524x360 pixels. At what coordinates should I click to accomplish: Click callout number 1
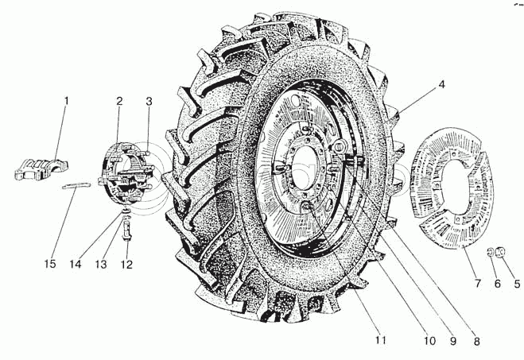click(x=67, y=101)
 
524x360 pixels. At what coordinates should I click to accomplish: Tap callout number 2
click(x=118, y=101)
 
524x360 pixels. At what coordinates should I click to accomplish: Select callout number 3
click(x=148, y=101)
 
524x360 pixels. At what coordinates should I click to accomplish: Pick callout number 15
click(x=50, y=264)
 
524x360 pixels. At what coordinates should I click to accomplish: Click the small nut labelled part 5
click(x=501, y=254)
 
